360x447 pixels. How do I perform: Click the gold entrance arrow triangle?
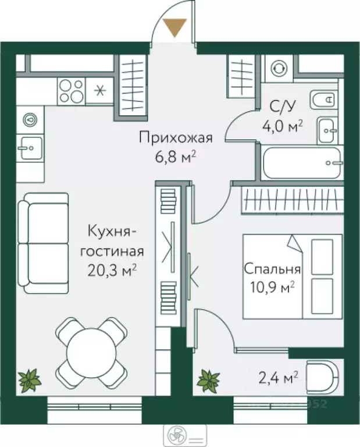pyautogui.click(x=174, y=27)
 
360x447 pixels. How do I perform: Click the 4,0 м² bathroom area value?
pyautogui.click(x=286, y=126)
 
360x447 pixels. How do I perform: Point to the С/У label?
pyautogui.click(x=285, y=107)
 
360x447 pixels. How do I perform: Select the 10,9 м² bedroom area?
pyautogui.click(x=272, y=286)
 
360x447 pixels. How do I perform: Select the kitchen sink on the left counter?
pyautogui.click(x=28, y=148)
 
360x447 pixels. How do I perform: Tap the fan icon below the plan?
pyautogui.click(x=172, y=435)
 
